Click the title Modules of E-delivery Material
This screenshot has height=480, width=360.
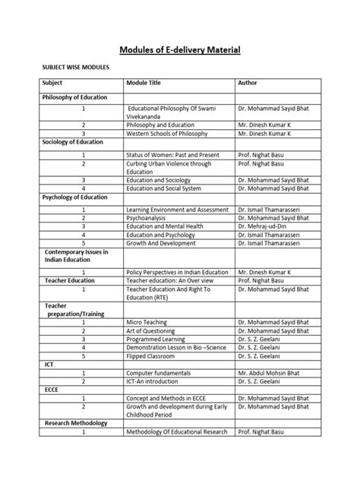(x=180, y=50)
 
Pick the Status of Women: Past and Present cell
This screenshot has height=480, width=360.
(x=174, y=154)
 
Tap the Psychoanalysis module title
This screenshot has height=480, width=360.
(x=153, y=217)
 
